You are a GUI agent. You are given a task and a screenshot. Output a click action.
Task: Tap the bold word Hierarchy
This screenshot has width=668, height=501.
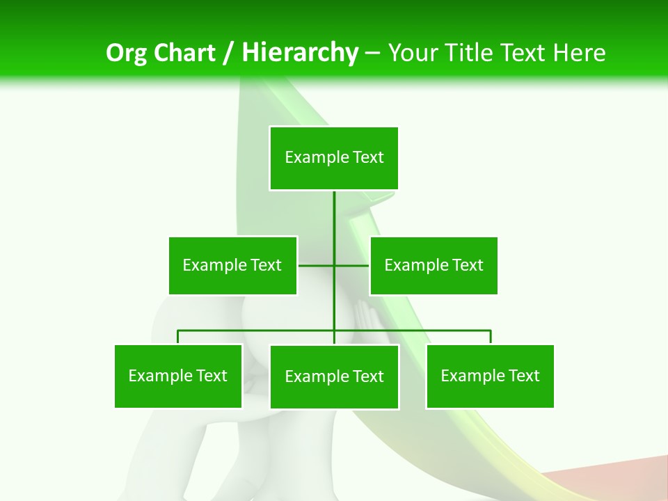pos(300,53)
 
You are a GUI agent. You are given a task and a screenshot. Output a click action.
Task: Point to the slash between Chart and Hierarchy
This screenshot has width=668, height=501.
pos(228,53)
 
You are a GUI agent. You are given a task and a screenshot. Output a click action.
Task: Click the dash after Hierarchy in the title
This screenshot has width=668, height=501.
pos(372,53)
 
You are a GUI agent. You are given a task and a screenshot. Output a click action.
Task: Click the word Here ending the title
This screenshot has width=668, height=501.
pos(579,53)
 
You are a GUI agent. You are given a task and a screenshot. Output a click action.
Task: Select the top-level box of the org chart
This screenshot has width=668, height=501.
pos(334,158)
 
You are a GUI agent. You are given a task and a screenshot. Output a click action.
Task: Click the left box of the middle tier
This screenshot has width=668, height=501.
pos(232,265)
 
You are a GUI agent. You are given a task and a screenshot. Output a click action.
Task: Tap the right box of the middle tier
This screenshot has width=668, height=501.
pos(434,265)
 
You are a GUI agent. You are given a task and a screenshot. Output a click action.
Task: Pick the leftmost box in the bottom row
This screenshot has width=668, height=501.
pos(178,376)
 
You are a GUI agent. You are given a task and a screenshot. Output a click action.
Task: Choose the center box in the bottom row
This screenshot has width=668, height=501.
pos(334,376)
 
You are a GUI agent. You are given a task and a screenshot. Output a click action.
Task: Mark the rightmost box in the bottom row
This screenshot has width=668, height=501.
pos(490,376)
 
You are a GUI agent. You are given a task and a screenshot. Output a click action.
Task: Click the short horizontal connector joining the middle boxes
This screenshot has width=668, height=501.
pos(317,265)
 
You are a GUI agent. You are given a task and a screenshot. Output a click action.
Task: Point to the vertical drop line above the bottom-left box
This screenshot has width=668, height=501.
pos(178,337)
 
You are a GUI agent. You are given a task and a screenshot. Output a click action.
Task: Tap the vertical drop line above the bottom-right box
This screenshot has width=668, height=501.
pos(491,337)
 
